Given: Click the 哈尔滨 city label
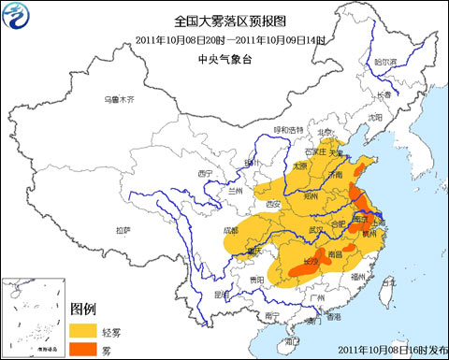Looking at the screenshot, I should (x=385, y=62).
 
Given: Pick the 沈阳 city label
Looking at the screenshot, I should (x=375, y=118).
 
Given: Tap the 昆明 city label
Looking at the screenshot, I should (x=221, y=293).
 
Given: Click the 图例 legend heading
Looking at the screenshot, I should (x=83, y=309).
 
